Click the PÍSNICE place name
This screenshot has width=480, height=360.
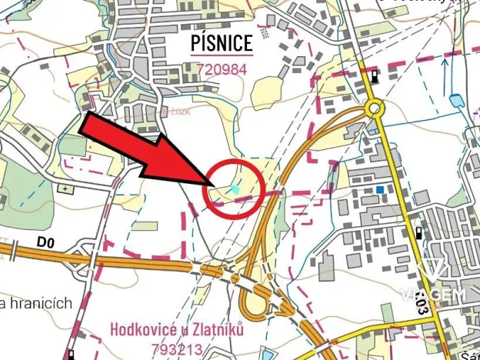[222, 43]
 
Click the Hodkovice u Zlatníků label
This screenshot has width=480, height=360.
[176, 329]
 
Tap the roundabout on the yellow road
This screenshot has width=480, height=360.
[375, 108]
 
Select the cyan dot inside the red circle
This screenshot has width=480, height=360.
[235, 188]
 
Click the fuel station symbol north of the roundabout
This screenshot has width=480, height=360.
[374, 76]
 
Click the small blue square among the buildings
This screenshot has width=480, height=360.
[380, 189]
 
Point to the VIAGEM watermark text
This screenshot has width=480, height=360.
[432, 295]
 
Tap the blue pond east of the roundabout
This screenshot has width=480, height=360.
[456, 99]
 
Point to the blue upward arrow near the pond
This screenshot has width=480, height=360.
[443, 71]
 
